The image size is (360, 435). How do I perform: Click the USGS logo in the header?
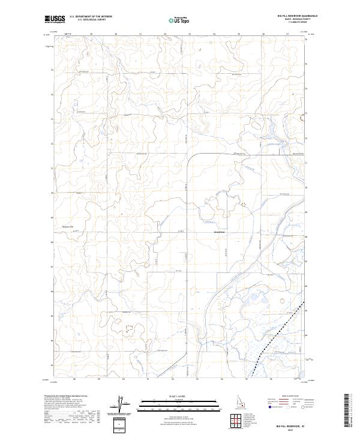(x=55, y=20)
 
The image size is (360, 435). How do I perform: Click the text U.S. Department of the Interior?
(x=91, y=17)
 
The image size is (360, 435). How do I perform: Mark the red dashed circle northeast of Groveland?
(x=244, y=205)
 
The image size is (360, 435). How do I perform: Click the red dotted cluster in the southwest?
(x=129, y=328)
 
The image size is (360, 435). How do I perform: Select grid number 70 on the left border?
(x=52, y=193)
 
